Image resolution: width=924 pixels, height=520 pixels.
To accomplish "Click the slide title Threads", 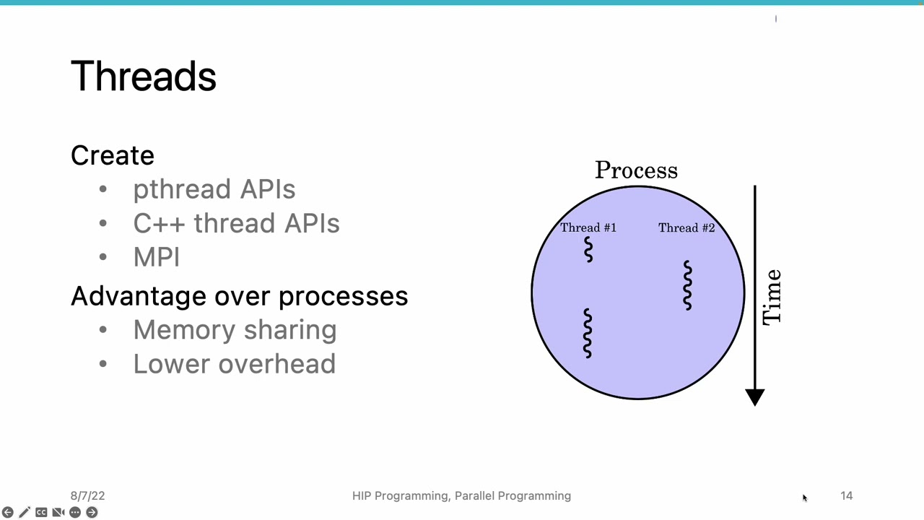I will pos(144,76).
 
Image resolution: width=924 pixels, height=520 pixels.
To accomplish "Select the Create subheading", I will pos(113,155).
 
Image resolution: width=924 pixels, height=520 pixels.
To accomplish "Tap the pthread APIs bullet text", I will pos(214,189).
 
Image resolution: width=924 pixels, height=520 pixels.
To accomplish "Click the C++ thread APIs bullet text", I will pos(236,223).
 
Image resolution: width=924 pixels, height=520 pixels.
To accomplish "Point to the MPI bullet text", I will pos(156,257).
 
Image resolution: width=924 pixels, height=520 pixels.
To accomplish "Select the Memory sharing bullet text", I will pos(235,330).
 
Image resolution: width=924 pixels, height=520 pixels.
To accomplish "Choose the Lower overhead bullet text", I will pos(234,364).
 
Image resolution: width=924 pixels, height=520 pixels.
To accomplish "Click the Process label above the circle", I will pos(636,170).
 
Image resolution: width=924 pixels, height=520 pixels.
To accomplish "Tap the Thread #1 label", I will pos(588,228).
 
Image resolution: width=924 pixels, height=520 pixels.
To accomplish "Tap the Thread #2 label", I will pos(687,228).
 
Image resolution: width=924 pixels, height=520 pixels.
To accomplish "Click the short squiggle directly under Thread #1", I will pos(588,250).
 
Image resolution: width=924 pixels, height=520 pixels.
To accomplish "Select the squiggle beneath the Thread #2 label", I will pos(687,285).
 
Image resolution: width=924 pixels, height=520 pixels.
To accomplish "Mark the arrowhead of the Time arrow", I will pos(755,396).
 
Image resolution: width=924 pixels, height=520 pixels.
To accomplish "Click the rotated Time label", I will pos(772,297).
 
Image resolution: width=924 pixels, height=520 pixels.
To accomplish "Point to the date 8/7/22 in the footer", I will pos(87,496).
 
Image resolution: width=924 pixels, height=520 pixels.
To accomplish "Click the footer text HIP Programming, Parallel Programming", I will pos(461,496).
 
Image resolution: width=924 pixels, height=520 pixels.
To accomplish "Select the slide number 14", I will pos(846,496).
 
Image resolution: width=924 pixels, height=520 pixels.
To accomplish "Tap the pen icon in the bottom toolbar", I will pos(25,512).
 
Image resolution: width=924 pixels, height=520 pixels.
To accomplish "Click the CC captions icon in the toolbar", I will pos(41,512).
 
